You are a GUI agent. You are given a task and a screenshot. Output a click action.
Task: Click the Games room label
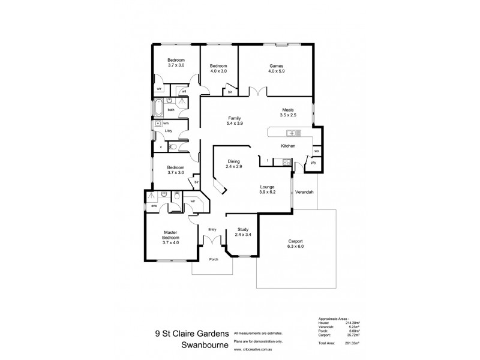click(275, 65)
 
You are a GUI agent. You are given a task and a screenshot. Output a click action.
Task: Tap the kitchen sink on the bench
click(290, 133)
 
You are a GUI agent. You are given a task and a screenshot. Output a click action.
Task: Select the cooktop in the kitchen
click(286, 161)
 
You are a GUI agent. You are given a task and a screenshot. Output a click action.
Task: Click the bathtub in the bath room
click(158, 109)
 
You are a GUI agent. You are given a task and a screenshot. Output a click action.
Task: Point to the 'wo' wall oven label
click(316, 151)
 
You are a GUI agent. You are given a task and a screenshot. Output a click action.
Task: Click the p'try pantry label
click(313, 162)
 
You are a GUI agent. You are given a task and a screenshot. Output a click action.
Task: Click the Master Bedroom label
click(170, 236)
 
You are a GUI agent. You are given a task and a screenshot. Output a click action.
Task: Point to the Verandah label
click(304, 192)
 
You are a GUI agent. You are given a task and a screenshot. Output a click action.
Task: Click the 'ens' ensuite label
click(154, 205)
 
